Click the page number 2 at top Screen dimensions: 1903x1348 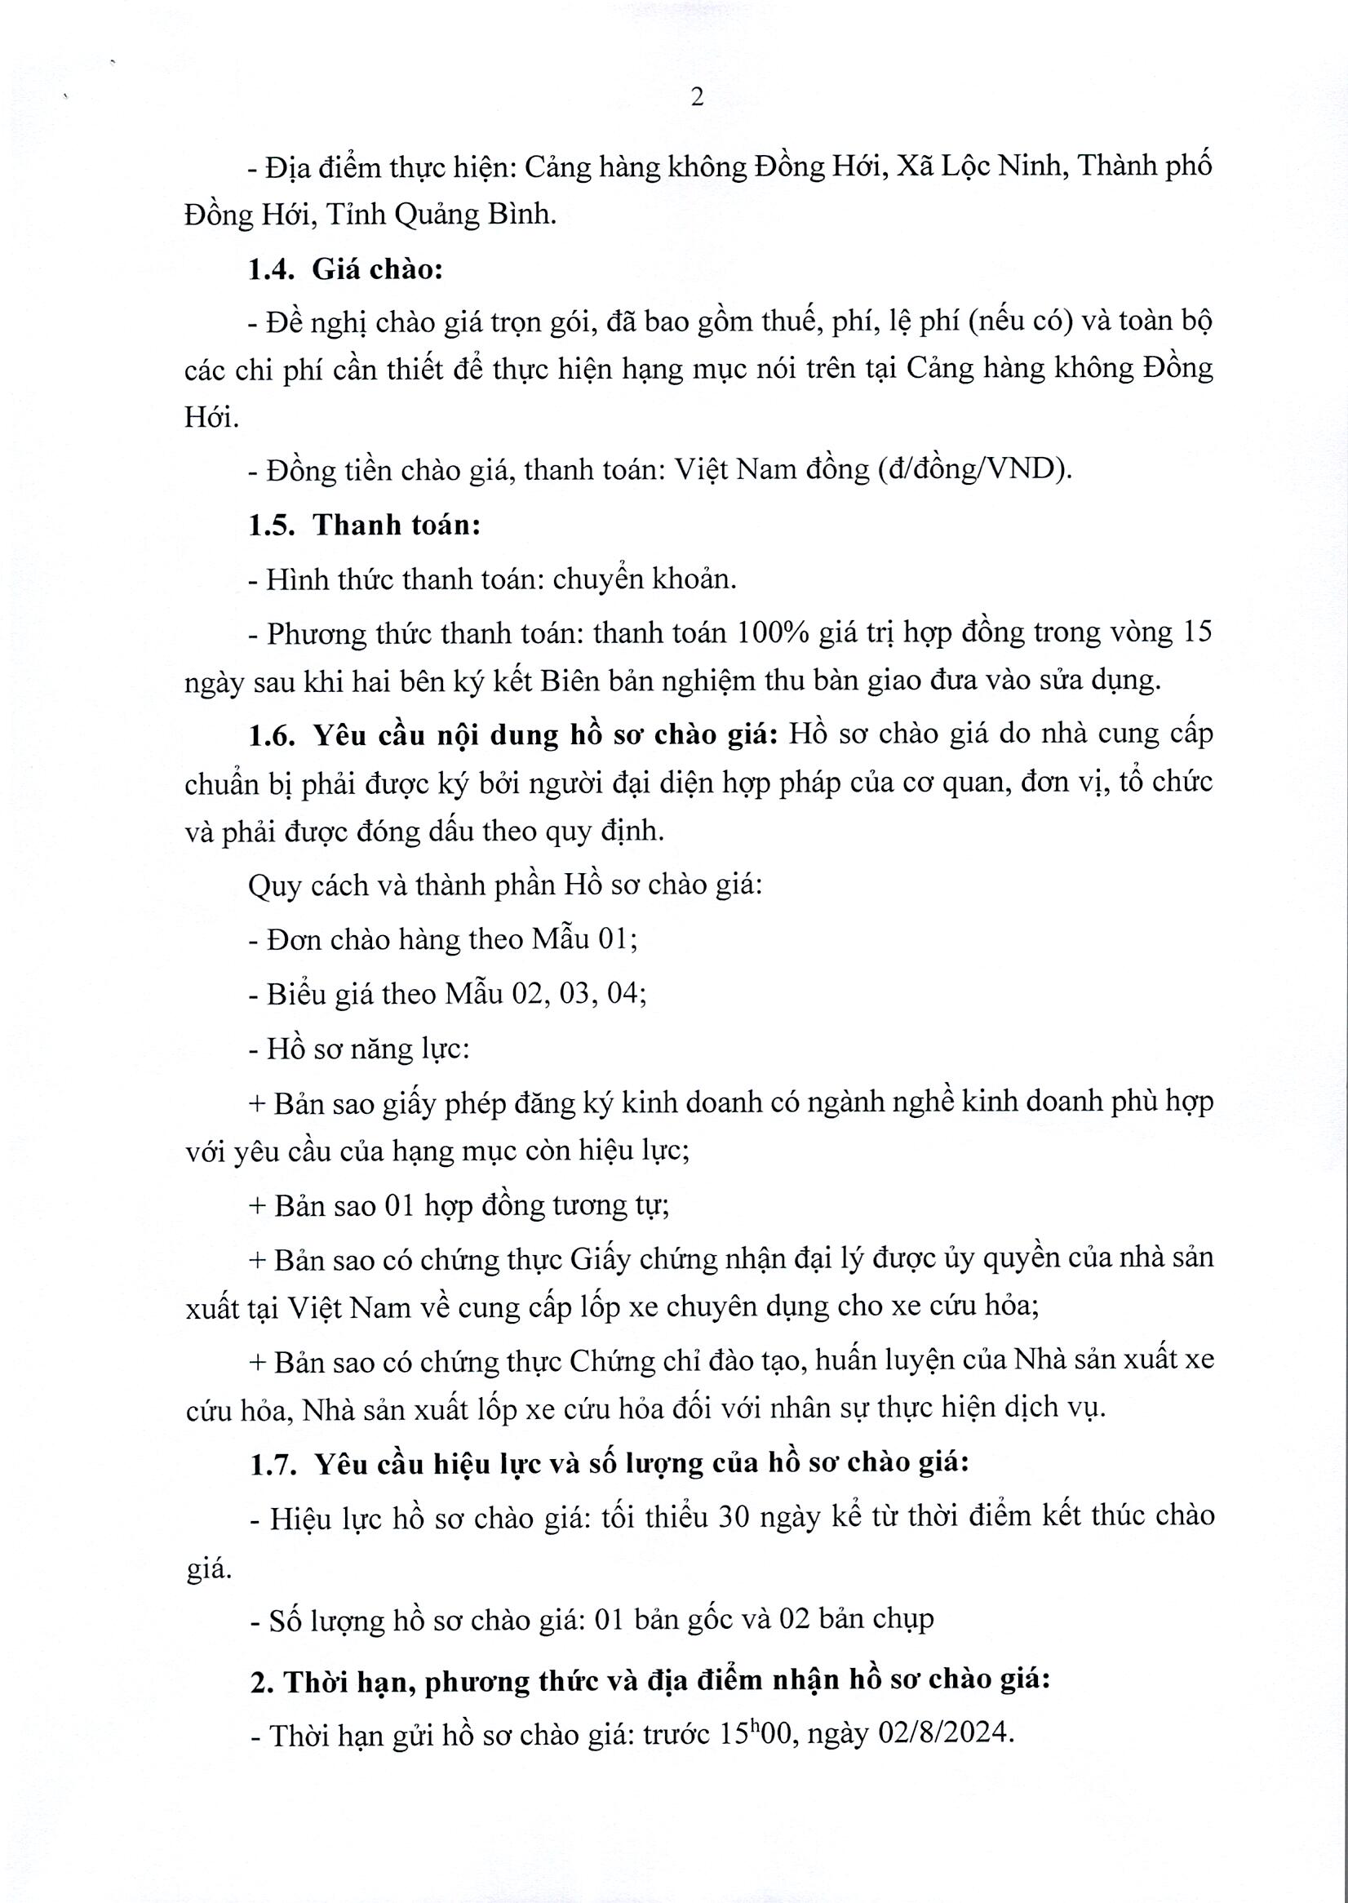pos(697,99)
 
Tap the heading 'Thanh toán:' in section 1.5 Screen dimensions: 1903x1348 pos(397,526)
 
